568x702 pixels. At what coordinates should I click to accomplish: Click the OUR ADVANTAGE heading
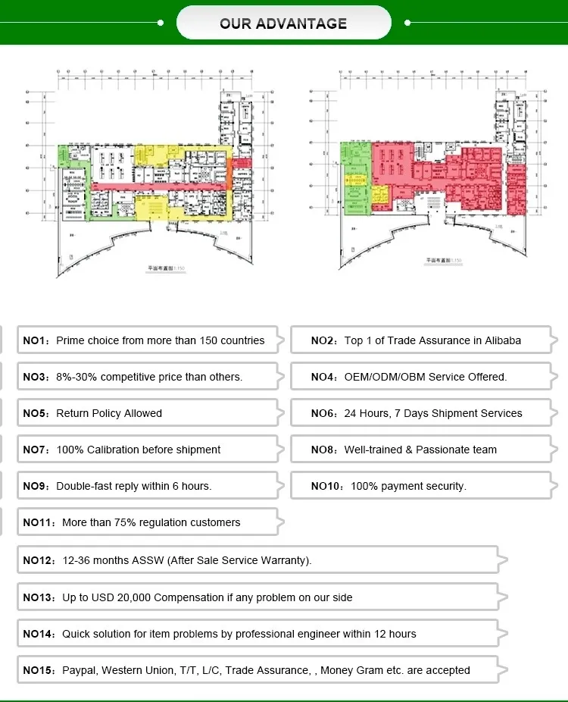click(x=283, y=23)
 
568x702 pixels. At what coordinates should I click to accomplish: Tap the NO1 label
click(x=35, y=340)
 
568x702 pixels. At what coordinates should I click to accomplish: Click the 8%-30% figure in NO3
click(x=76, y=377)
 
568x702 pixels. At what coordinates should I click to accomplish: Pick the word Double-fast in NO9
click(x=84, y=486)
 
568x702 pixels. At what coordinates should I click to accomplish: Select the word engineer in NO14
click(x=333, y=634)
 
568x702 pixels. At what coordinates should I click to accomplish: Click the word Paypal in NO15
click(x=79, y=670)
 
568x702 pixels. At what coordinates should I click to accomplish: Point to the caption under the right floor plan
click(x=443, y=260)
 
